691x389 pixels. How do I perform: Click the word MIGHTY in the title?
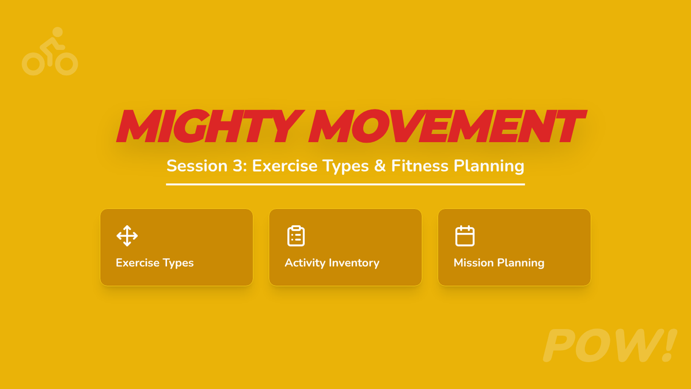tap(210, 126)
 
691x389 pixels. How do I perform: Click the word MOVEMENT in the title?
tap(447, 126)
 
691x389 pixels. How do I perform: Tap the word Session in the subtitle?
tap(197, 166)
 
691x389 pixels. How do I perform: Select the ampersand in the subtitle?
tap(380, 166)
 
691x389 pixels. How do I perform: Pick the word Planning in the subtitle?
tap(489, 167)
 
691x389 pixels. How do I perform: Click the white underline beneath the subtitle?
tap(345, 184)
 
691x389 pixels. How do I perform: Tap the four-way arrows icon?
tap(127, 236)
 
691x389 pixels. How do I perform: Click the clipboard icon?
tap(296, 236)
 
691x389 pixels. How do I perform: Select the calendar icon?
tap(465, 236)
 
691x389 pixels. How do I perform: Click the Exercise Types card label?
tap(155, 263)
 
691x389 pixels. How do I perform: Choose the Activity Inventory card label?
tap(332, 263)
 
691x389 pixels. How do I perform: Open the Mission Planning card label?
tap(499, 263)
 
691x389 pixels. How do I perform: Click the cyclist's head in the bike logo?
tap(58, 32)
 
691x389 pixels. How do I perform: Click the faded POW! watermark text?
tap(610, 345)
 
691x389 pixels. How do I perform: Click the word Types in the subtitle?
tap(346, 167)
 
